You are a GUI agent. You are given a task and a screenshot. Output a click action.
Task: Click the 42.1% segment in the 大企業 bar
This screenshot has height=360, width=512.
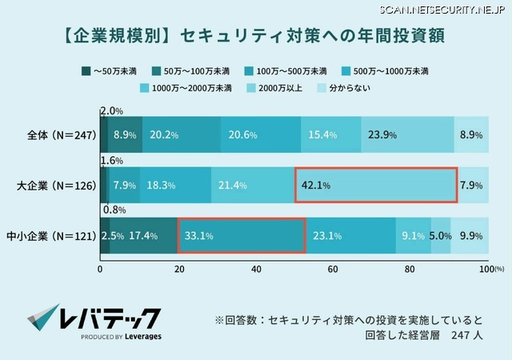(x=376, y=186)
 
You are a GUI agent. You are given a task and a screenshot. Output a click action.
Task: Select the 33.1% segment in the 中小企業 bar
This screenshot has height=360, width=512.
(x=241, y=235)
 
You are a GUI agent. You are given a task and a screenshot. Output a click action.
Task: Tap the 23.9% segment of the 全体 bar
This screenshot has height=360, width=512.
(x=407, y=135)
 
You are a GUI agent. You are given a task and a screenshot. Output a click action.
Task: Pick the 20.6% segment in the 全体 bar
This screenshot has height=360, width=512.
(x=261, y=135)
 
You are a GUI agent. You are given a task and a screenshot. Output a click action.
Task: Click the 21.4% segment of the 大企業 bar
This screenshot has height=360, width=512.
(x=253, y=186)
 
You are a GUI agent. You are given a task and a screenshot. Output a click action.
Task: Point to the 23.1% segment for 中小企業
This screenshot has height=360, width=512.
(x=350, y=235)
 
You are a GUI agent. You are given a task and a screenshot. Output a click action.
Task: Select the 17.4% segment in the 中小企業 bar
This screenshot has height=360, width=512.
(x=143, y=235)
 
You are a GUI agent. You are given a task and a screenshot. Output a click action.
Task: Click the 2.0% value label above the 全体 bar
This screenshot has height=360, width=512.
(x=112, y=110)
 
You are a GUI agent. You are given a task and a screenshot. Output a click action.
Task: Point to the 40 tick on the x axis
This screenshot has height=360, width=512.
(x=256, y=269)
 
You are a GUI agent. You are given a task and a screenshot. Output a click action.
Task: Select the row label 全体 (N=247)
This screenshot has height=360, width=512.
(x=61, y=135)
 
